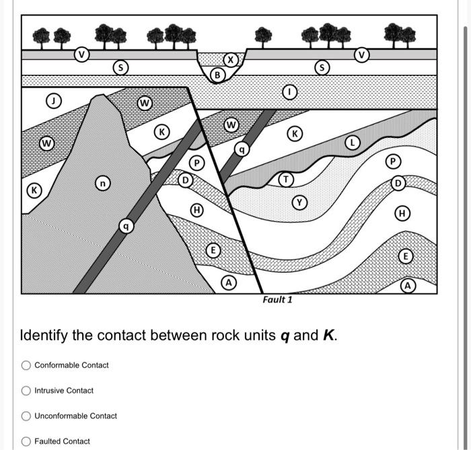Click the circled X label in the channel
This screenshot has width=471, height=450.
(x=231, y=60)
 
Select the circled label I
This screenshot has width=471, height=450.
(x=291, y=91)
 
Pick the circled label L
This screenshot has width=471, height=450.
(x=352, y=142)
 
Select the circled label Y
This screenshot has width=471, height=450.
(x=299, y=201)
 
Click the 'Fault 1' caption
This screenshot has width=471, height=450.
(x=277, y=300)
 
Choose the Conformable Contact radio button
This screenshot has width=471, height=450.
(x=26, y=365)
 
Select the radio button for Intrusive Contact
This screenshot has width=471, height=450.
(x=26, y=391)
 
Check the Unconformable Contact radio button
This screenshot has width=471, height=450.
(x=26, y=416)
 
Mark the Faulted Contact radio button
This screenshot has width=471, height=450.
(x=26, y=441)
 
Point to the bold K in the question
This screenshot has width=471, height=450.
(x=329, y=335)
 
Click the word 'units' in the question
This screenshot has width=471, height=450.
(x=256, y=335)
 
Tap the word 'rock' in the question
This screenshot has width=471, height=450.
(x=217, y=335)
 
